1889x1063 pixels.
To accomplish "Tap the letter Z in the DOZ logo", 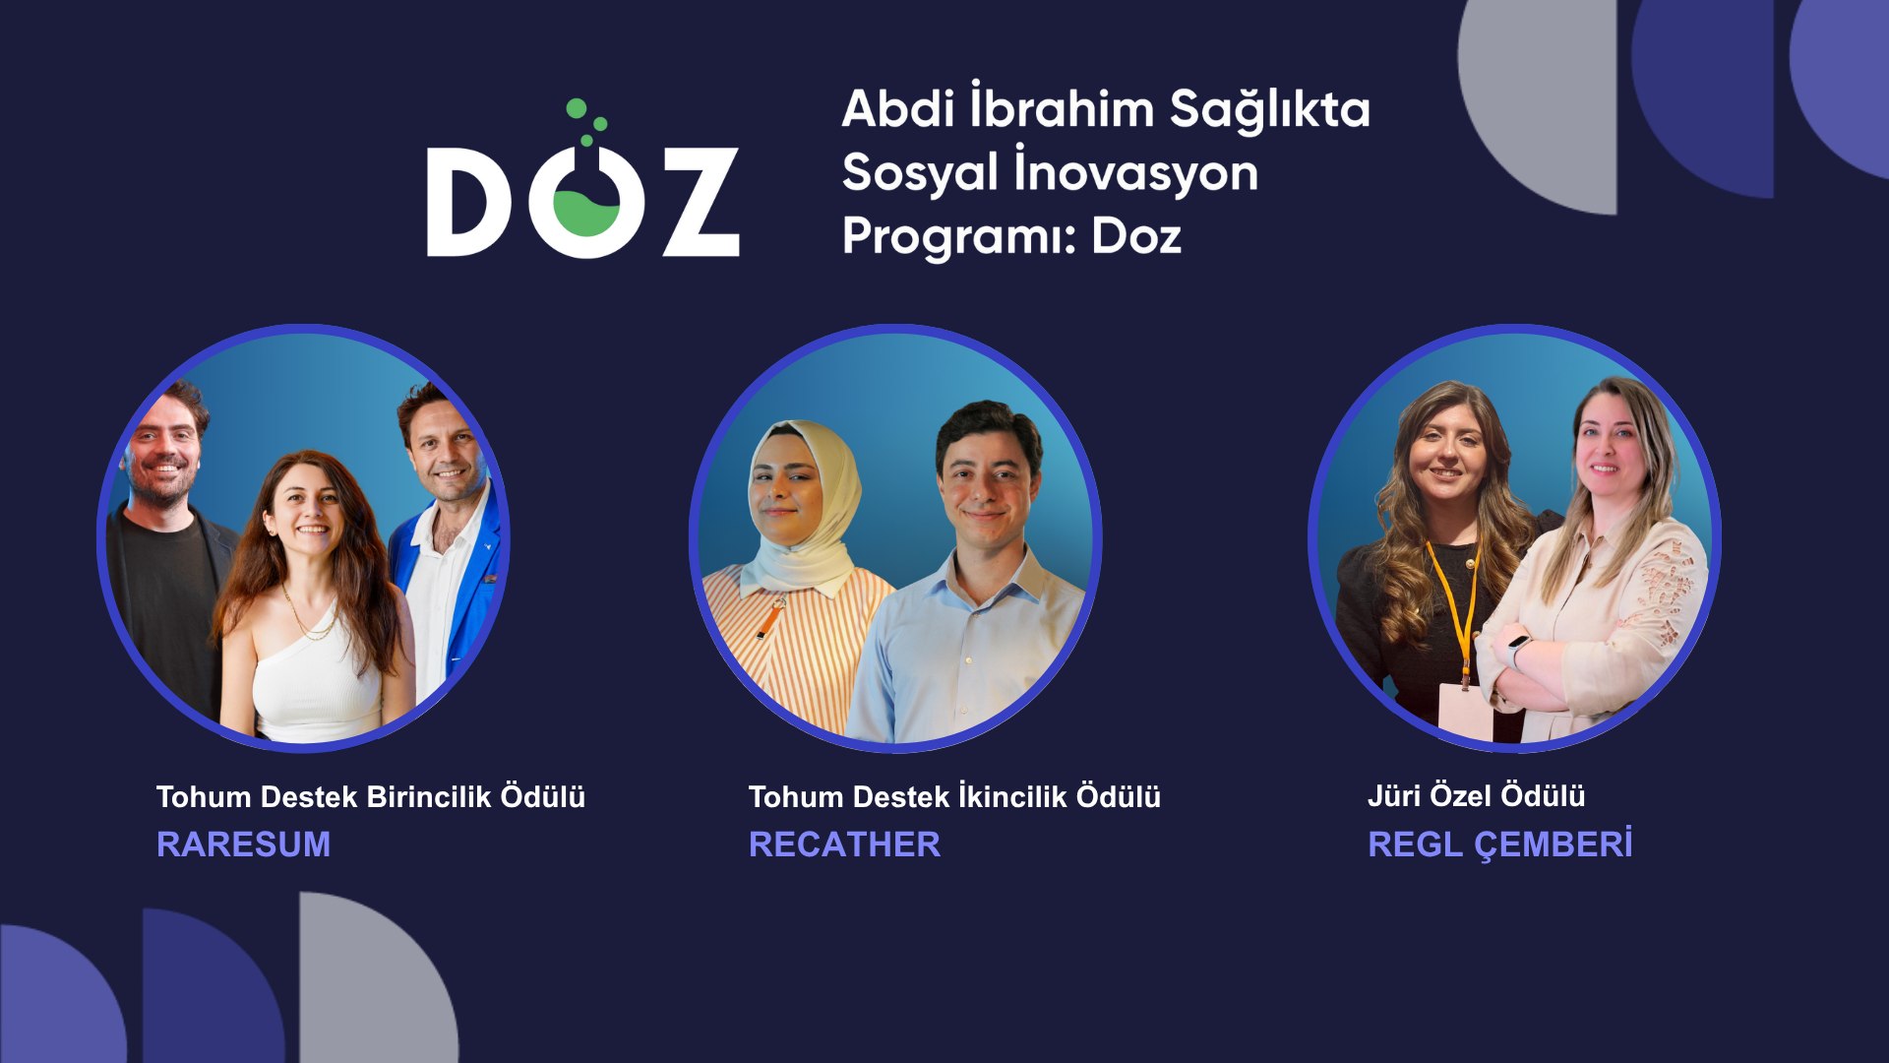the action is coord(701,202).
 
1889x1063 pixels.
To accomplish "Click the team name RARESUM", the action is coord(243,844).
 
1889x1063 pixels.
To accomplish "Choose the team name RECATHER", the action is coord(844,844).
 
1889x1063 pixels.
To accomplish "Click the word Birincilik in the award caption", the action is coord(429,796).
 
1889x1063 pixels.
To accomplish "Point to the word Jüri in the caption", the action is coord(1393,795).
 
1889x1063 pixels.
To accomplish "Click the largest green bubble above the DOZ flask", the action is coord(577,108).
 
